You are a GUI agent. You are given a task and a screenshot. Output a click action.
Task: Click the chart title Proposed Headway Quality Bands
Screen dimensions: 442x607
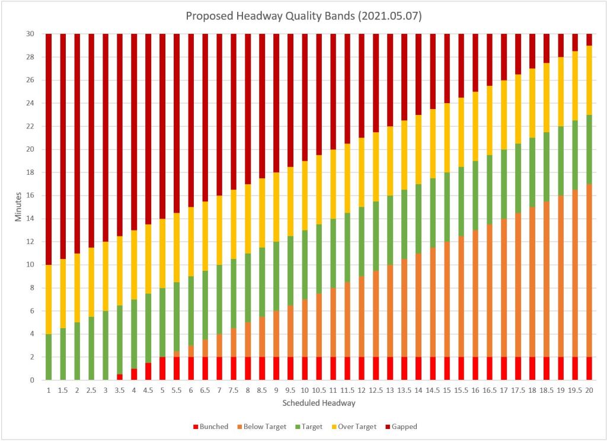[x=303, y=15]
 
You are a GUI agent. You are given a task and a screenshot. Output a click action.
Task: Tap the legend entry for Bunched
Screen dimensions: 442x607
[x=212, y=427]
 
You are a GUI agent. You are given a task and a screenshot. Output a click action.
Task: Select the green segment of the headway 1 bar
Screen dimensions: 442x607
[x=49, y=357]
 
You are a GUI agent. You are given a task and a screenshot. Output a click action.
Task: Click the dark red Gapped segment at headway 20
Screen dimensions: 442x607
[x=589, y=40]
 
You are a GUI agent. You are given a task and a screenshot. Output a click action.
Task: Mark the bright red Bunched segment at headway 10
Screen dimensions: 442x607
[x=305, y=369]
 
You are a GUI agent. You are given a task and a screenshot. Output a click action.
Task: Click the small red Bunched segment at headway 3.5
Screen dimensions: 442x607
[x=120, y=377]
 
